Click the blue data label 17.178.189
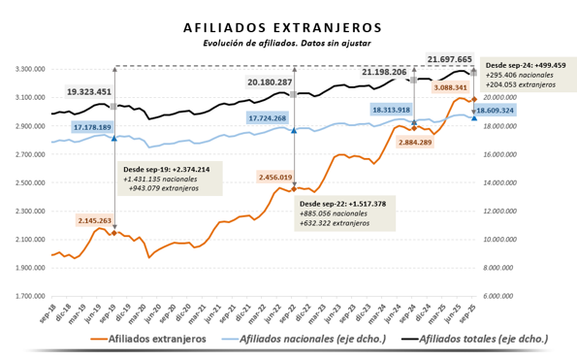click(x=100, y=127)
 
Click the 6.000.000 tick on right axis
click(x=498, y=296)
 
